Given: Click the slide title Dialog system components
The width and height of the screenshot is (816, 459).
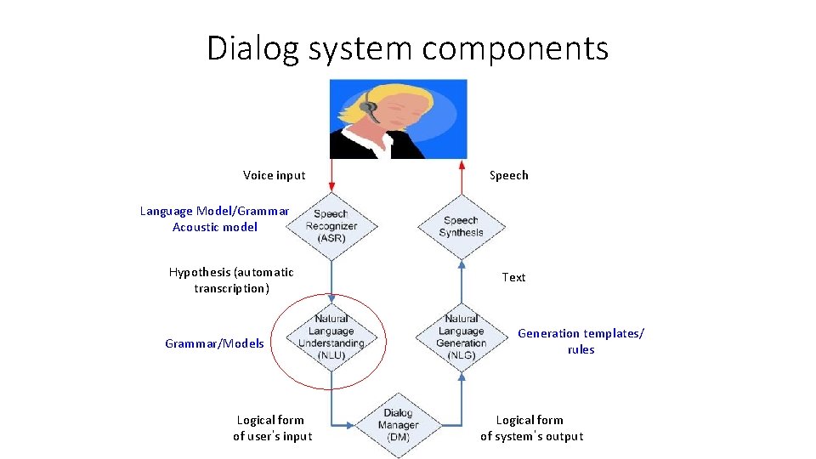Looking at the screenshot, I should tap(408, 48).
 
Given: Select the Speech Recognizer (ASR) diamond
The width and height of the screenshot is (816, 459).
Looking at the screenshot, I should tap(331, 225).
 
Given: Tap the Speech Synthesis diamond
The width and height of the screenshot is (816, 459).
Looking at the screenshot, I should tap(462, 226).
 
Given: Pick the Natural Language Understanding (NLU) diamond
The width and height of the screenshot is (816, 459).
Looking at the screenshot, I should tap(331, 337).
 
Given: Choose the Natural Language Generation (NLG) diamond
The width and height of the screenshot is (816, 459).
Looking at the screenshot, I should tap(462, 337).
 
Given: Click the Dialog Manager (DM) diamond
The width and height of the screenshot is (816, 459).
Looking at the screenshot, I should tap(398, 423).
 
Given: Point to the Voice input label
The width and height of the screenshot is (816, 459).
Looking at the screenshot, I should tap(274, 176).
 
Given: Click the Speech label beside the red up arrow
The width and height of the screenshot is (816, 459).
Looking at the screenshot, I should tap(509, 176).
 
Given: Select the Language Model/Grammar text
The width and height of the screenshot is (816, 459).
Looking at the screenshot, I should tap(214, 211).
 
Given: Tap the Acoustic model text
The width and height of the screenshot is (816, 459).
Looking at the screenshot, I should tap(214, 227).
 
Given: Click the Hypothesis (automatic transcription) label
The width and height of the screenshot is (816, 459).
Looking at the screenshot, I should tap(231, 280).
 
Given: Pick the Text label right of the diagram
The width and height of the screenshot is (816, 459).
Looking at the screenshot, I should tap(513, 277).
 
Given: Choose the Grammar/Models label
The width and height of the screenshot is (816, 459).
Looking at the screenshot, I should tap(214, 343).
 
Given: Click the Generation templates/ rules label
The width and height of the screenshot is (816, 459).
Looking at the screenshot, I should tap(581, 342).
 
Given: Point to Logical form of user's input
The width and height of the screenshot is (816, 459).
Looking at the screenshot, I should tap(272, 428).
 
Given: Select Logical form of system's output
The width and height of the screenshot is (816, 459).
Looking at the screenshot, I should tap(531, 428).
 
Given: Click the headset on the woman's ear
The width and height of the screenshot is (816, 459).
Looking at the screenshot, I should tap(368, 107).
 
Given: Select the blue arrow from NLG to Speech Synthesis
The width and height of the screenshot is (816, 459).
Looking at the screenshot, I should tap(462, 280).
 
